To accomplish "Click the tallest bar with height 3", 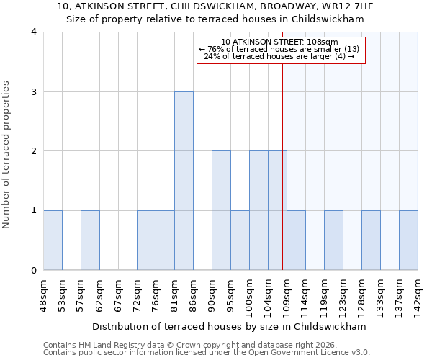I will coord(184,181).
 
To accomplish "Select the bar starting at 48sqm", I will coord(53,240).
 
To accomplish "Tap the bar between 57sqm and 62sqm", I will coord(90,240).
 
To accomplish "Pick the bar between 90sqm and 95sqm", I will coord(221,211).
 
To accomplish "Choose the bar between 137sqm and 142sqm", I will coord(408,240).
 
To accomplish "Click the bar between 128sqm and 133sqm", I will coord(371,240).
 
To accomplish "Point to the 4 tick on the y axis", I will coord(33,32).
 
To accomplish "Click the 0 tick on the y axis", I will coord(33,271).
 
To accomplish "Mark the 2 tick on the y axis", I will coord(33,151).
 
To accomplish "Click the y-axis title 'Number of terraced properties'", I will coord(7,155).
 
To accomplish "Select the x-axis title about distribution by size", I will coord(230,326).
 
